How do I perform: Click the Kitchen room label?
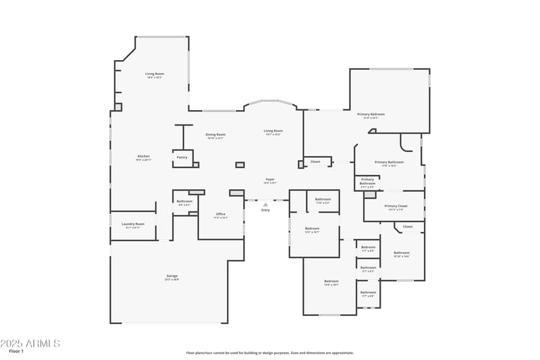tap(143, 156)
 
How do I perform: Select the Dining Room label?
tap(215, 134)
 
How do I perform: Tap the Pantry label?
tap(182, 157)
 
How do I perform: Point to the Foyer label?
tap(269, 180)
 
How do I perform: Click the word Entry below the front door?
tap(265, 210)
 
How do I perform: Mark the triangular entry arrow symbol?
tap(265, 204)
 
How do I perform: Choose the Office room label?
tap(221, 215)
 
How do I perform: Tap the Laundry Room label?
tap(133, 224)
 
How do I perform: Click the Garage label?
tap(172, 276)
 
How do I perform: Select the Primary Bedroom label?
tap(371, 114)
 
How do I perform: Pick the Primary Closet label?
tap(396, 206)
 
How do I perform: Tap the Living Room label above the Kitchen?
tap(155, 74)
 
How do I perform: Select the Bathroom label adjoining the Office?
tap(184, 201)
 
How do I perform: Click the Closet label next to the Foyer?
tap(315, 161)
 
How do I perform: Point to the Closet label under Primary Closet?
tap(408, 226)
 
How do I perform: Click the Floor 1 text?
tap(16, 351)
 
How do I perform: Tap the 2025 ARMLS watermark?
tap(30, 343)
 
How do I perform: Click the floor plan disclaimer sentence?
tap(269, 353)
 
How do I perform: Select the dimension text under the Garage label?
tap(172, 280)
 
